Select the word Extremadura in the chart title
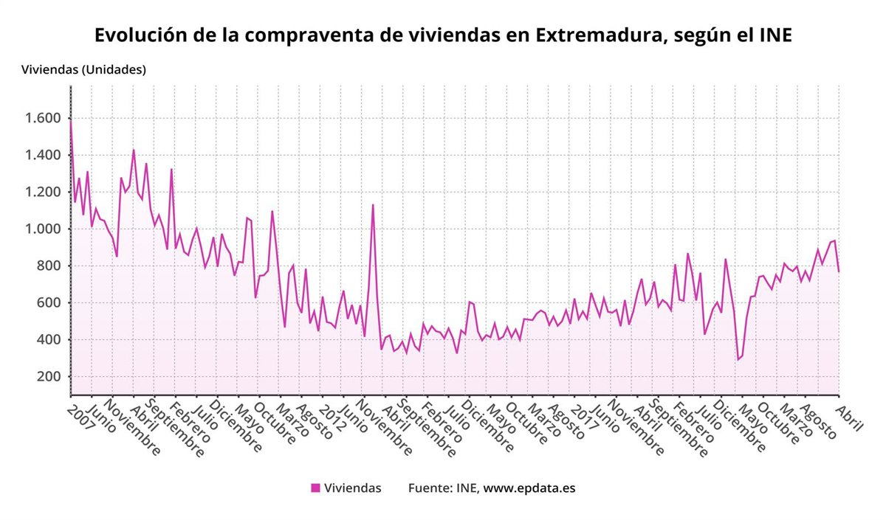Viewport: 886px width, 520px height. coord(597,35)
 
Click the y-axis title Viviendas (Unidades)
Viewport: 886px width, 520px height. coord(83,70)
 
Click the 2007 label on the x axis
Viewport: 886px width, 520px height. coord(82,417)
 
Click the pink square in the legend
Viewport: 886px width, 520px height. coord(315,488)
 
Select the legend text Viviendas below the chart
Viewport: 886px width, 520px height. coord(353,488)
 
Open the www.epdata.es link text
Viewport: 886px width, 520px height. coord(529,488)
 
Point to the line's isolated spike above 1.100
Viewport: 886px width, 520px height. coord(373,205)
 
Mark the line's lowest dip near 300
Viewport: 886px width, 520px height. coord(738,359)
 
